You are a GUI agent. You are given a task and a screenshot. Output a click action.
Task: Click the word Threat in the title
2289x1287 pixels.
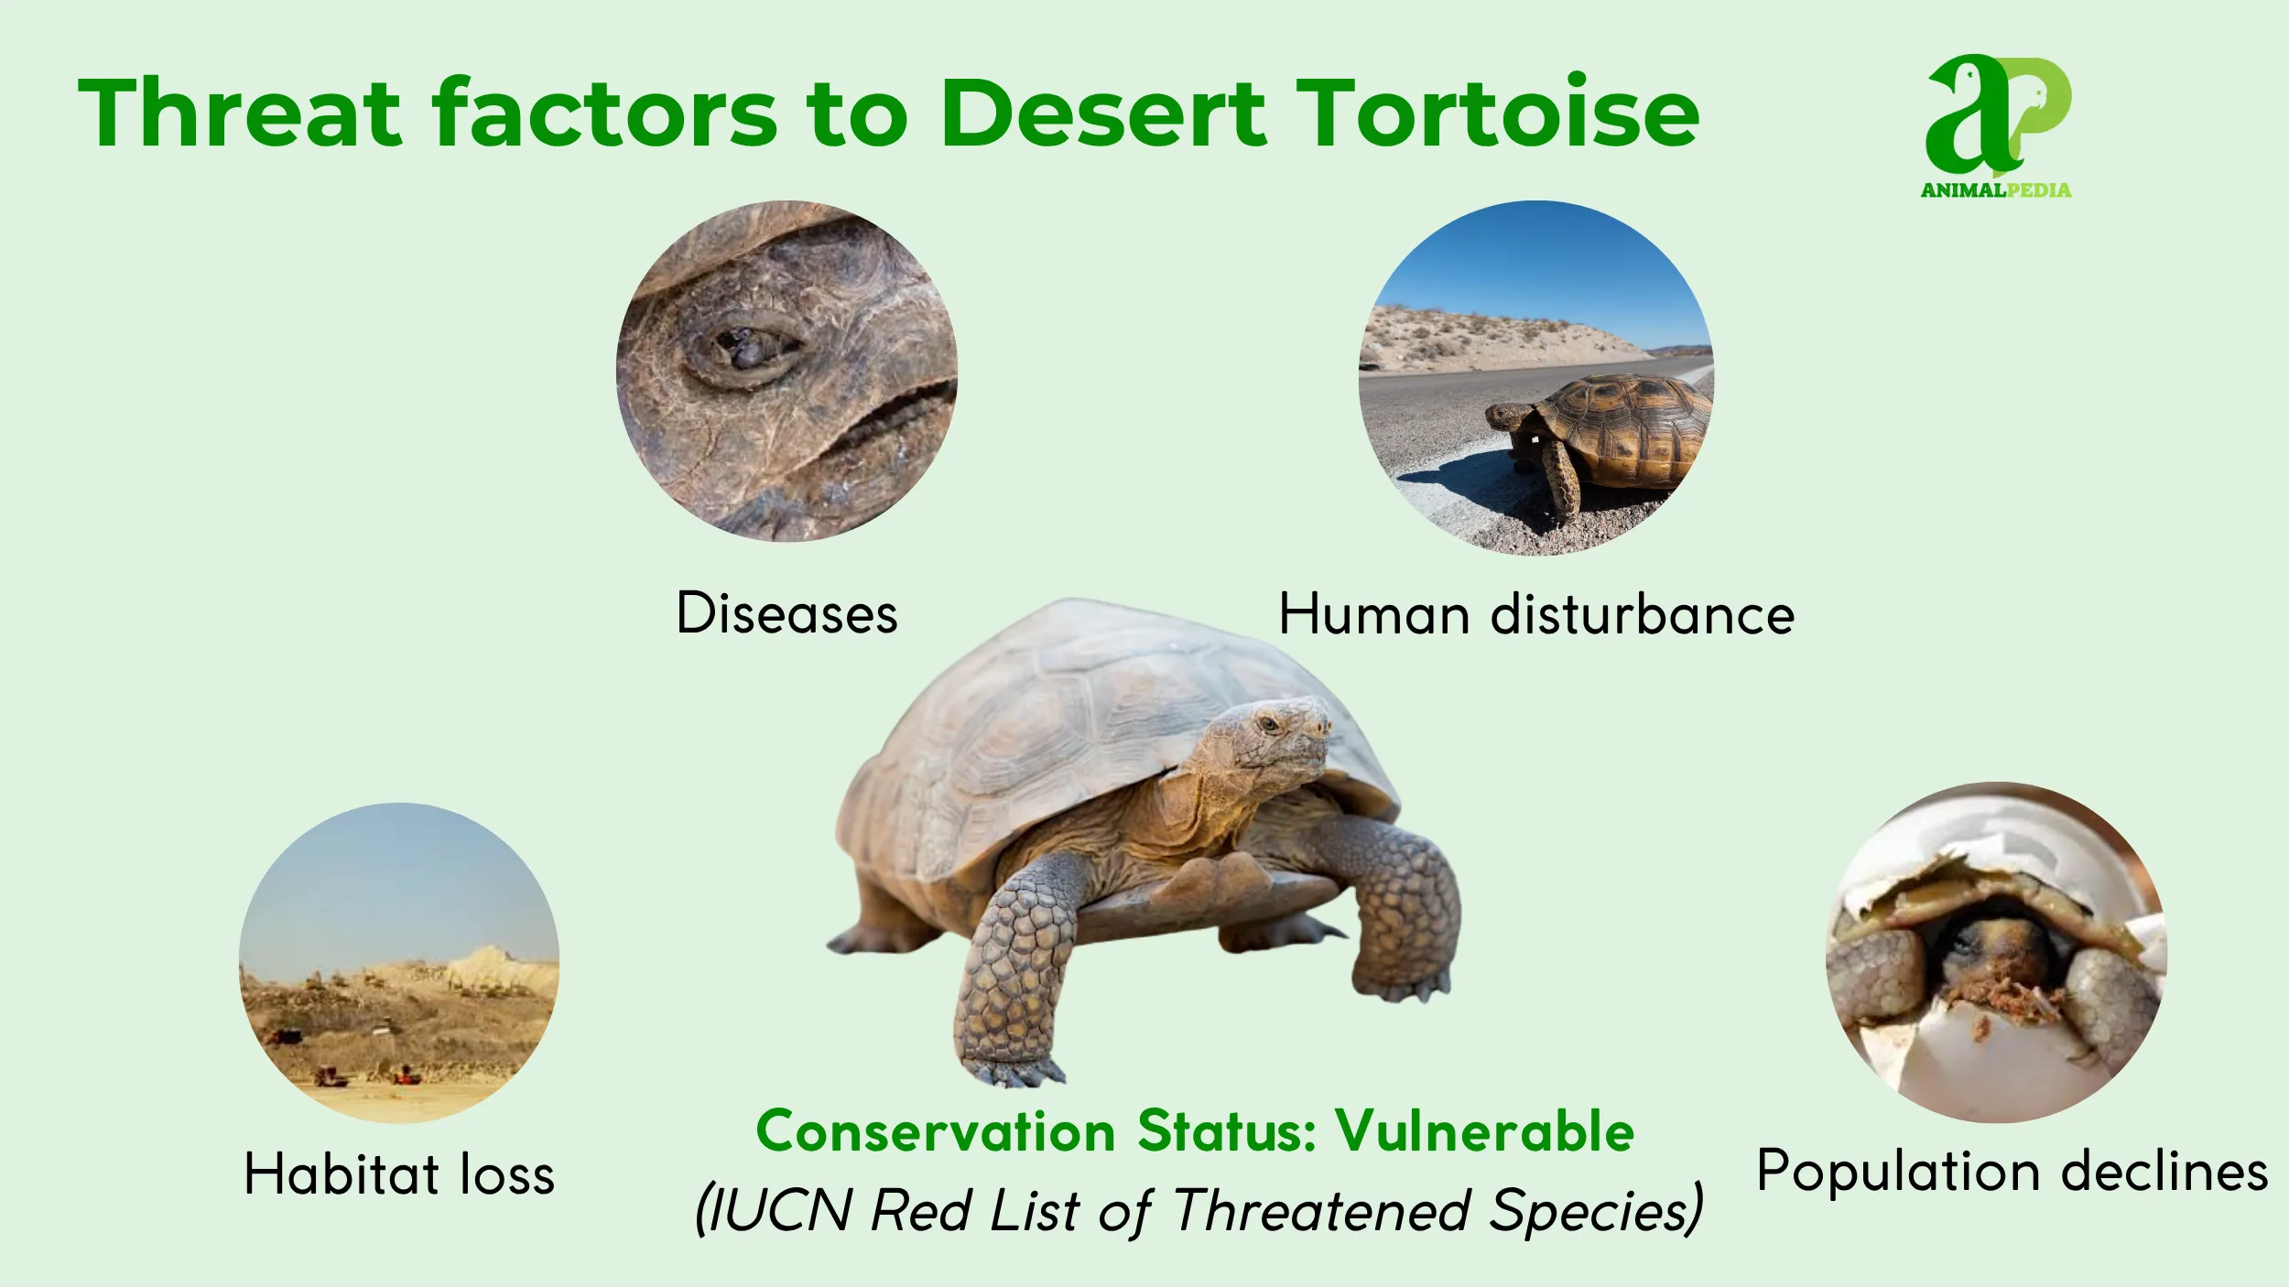coord(240,113)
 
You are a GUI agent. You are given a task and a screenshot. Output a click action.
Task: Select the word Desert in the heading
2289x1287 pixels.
coord(1103,113)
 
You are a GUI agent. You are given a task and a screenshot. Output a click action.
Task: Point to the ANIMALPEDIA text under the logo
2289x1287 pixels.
coord(1996,190)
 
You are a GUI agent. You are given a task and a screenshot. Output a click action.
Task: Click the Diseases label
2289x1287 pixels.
coord(787,613)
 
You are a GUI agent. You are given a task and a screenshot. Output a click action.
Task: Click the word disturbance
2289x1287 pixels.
coord(1643,614)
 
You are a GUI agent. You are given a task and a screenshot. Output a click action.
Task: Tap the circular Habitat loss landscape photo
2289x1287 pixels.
coord(399,963)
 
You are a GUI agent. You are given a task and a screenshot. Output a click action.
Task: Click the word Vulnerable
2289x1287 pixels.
coord(1484,1131)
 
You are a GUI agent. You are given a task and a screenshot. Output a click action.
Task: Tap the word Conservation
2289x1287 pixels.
coord(934,1131)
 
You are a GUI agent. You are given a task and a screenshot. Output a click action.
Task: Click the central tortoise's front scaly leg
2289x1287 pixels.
coord(1016,970)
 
